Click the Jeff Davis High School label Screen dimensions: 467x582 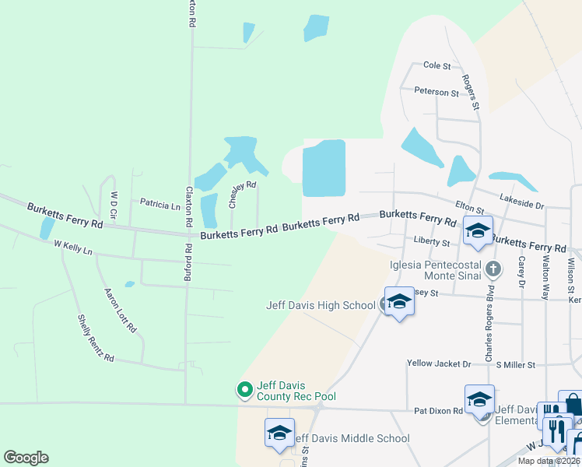coord(321,305)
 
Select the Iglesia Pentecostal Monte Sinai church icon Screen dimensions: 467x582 coord(492,269)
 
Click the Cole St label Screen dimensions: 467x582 coord(436,67)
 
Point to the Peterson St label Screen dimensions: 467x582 coord(436,92)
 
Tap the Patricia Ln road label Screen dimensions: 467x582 coord(160,204)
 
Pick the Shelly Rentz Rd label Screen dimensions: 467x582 coord(96,339)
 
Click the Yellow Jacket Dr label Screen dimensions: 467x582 coord(439,363)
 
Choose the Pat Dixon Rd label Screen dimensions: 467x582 coord(438,410)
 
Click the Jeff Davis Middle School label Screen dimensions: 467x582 coord(350,438)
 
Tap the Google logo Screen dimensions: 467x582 coord(26,458)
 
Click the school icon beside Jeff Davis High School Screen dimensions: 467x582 coord(398,301)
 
